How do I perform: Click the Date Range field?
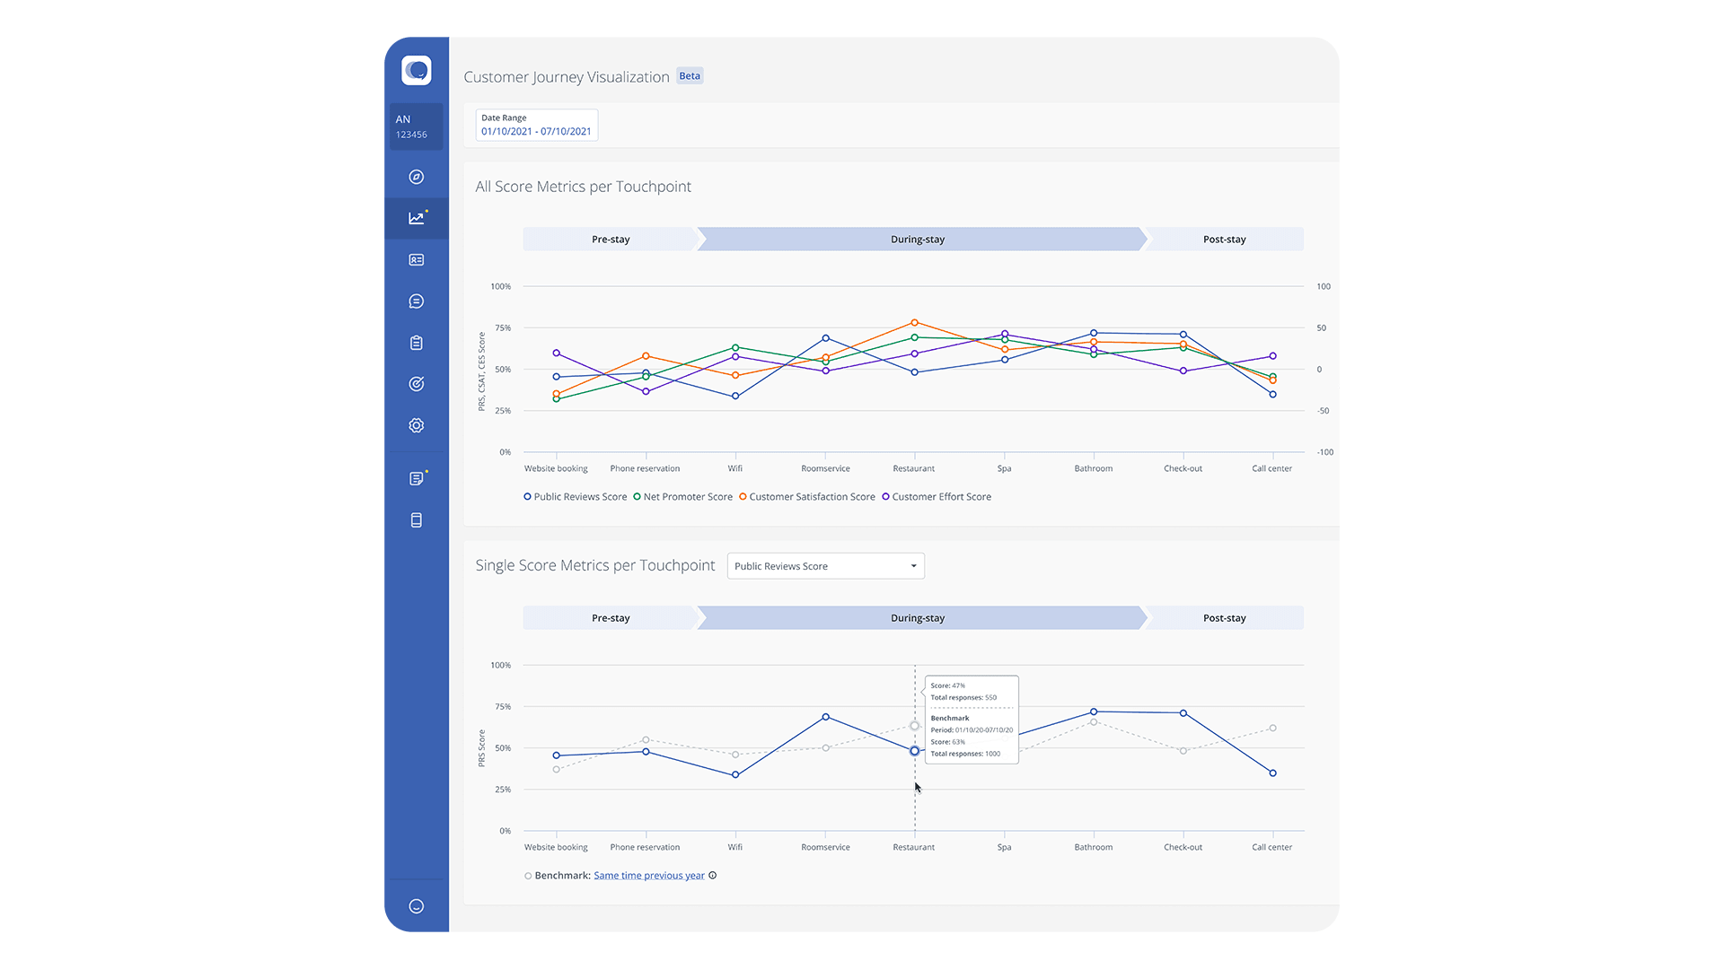click(x=536, y=125)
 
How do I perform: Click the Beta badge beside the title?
click(x=690, y=76)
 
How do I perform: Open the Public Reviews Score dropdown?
click(x=825, y=566)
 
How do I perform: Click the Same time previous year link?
click(x=648, y=876)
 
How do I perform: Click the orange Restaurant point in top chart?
click(x=914, y=322)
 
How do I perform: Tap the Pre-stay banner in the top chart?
click(x=611, y=240)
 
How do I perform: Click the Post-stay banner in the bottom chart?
click(x=1224, y=618)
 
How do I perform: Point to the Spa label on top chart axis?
click(x=1004, y=468)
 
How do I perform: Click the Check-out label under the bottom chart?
click(x=1183, y=847)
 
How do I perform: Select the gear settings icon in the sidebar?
click(x=417, y=425)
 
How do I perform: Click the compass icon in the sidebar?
click(x=417, y=177)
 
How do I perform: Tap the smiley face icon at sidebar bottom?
click(x=417, y=906)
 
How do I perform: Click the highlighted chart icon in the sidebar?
click(x=417, y=218)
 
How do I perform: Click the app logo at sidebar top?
click(x=417, y=70)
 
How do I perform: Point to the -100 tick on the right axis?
click(x=1324, y=452)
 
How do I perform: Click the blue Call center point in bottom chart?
click(x=1272, y=773)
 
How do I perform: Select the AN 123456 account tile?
click(x=414, y=126)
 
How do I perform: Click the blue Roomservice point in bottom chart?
click(x=825, y=717)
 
